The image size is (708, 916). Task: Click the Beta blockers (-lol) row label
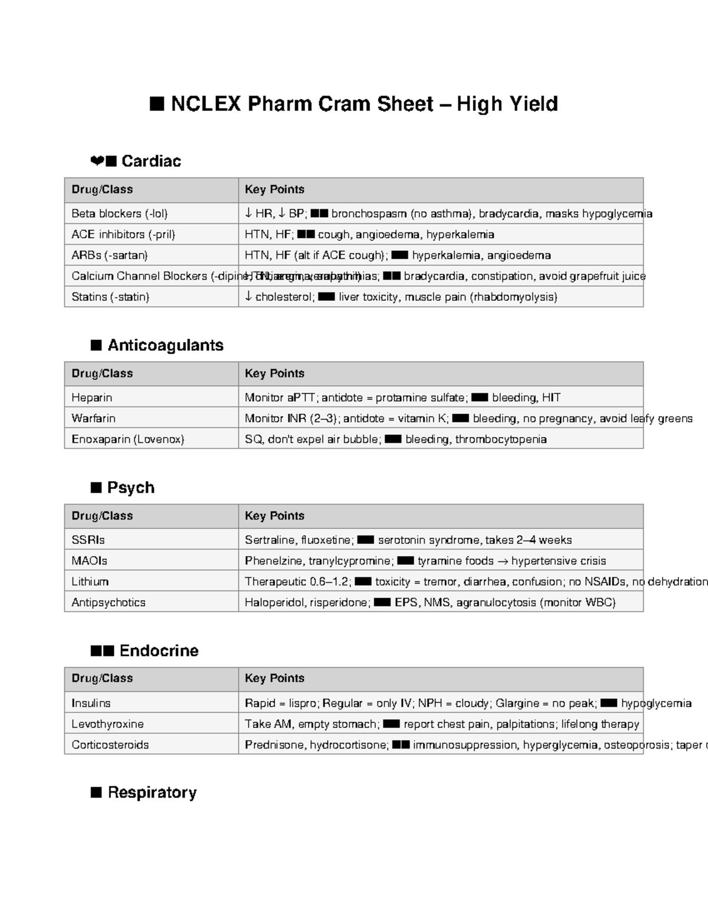click(x=120, y=214)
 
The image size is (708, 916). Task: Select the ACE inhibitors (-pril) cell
click(x=123, y=234)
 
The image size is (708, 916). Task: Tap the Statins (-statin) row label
click(x=110, y=297)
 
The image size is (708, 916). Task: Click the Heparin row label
click(x=91, y=398)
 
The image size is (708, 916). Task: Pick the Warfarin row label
click(x=93, y=418)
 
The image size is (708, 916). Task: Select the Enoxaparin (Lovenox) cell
click(x=127, y=439)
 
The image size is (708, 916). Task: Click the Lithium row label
click(x=90, y=582)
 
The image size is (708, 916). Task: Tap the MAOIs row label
click(x=89, y=561)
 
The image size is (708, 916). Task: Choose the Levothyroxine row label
click(x=107, y=724)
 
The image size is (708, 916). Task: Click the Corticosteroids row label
click(x=110, y=745)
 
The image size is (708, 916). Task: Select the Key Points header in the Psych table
click(x=274, y=516)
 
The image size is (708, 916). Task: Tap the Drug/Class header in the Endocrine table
click(x=102, y=678)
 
